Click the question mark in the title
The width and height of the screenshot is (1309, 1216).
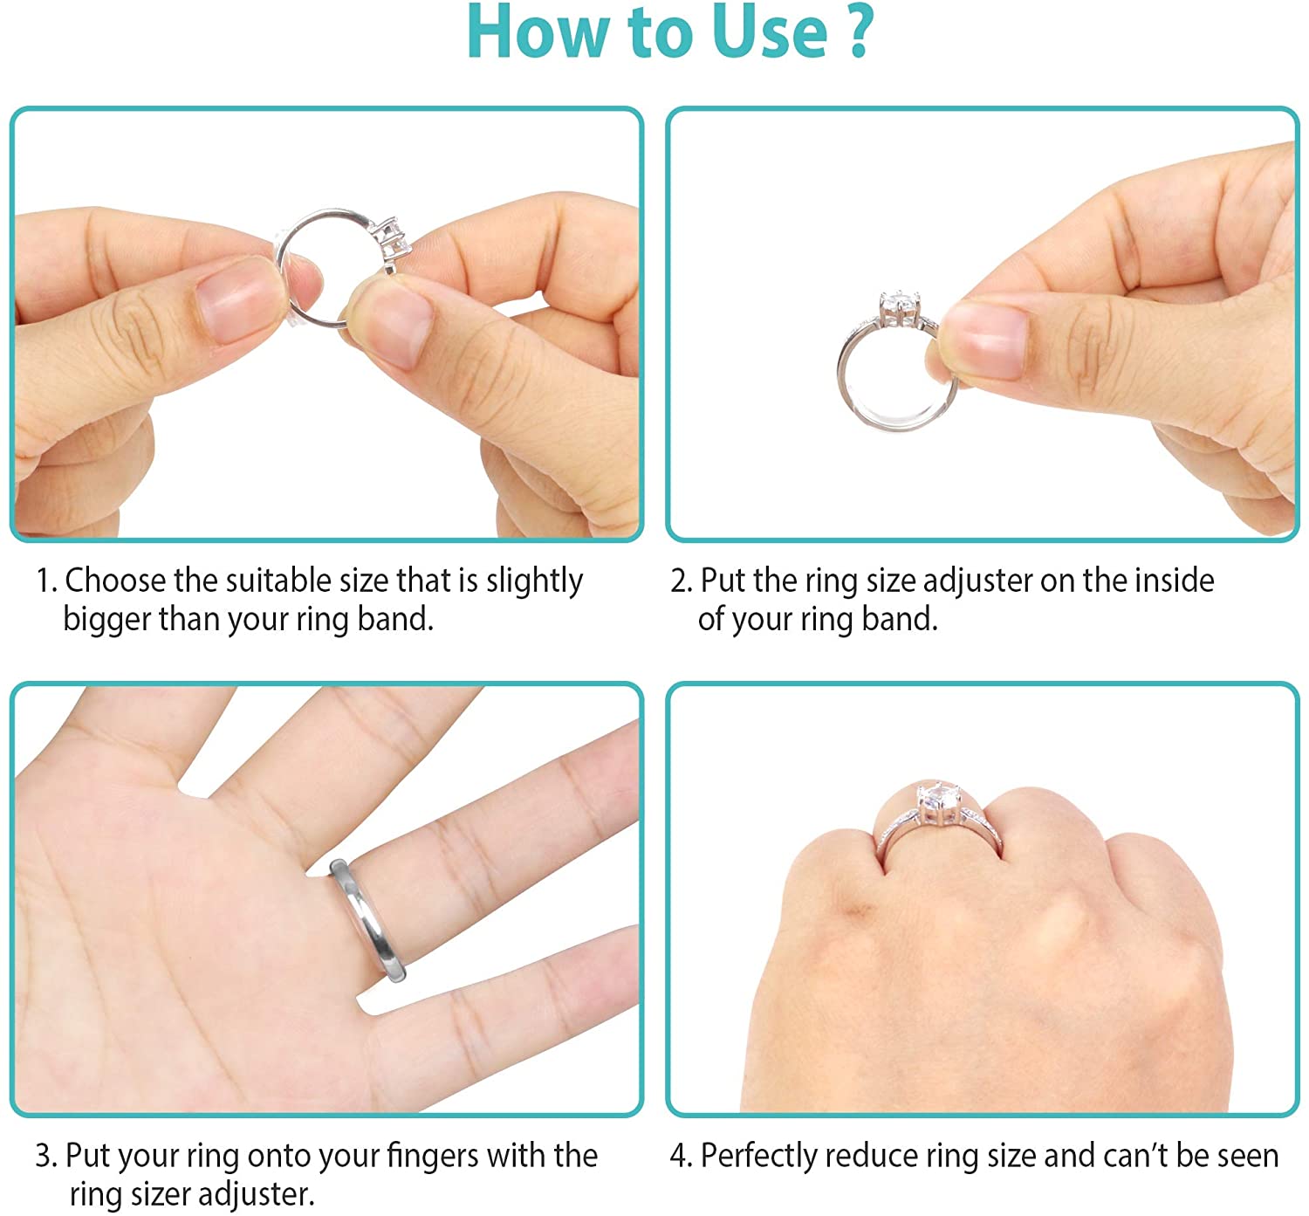(859, 31)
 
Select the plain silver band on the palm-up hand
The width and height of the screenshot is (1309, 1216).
(367, 922)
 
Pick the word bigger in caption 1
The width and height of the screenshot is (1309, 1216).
(106, 620)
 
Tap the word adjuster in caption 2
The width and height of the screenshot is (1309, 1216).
(977, 581)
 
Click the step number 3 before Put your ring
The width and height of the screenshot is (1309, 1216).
(44, 1157)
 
